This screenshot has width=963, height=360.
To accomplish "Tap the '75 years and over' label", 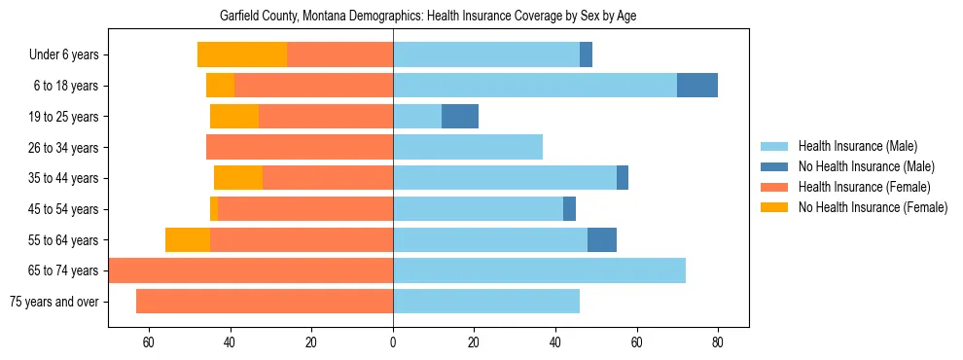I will click(54, 302).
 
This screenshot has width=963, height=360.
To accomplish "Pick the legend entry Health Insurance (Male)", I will click(857, 146).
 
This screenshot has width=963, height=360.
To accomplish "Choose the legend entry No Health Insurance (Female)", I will click(873, 207).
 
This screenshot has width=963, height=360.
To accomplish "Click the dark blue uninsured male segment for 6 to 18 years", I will click(697, 86).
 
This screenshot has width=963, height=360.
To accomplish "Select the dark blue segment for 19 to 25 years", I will click(460, 117).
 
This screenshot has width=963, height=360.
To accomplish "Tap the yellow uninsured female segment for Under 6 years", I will click(242, 55).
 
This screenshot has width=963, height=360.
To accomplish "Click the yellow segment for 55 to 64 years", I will click(188, 240).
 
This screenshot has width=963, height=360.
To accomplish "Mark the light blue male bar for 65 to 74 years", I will click(539, 270).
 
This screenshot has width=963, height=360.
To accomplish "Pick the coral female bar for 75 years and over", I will click(265, 302).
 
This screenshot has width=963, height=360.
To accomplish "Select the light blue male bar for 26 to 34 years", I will click(468, 148).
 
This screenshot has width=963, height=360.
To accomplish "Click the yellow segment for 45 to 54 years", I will click(214, 209).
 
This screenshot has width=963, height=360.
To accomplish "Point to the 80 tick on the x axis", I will click(718, 342).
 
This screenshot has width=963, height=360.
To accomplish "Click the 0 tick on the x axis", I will click(393, 342).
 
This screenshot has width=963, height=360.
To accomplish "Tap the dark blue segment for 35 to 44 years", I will click(623, 178).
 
